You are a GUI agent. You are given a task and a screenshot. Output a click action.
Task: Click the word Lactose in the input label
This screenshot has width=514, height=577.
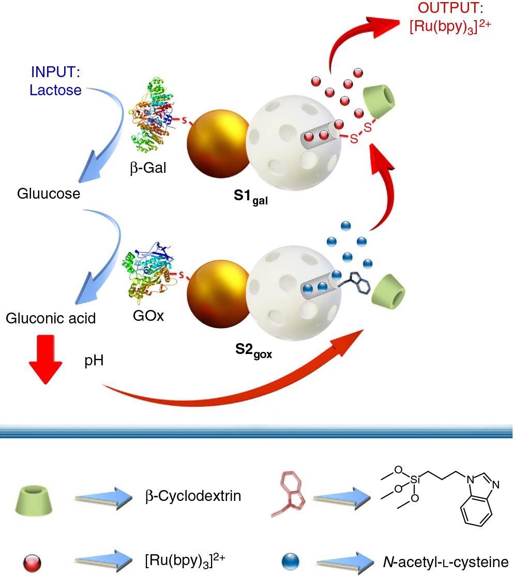(x=55, y=90)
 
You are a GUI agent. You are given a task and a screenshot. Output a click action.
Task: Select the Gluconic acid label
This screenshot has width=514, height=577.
(x=51, y=318)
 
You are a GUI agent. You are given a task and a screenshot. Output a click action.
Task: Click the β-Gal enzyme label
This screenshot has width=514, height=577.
(x=148, y=168)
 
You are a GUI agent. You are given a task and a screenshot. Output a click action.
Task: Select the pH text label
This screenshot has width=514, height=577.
(x=94, y=360)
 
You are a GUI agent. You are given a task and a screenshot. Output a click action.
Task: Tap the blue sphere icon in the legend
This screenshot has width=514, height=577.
(x=291, y=561)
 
